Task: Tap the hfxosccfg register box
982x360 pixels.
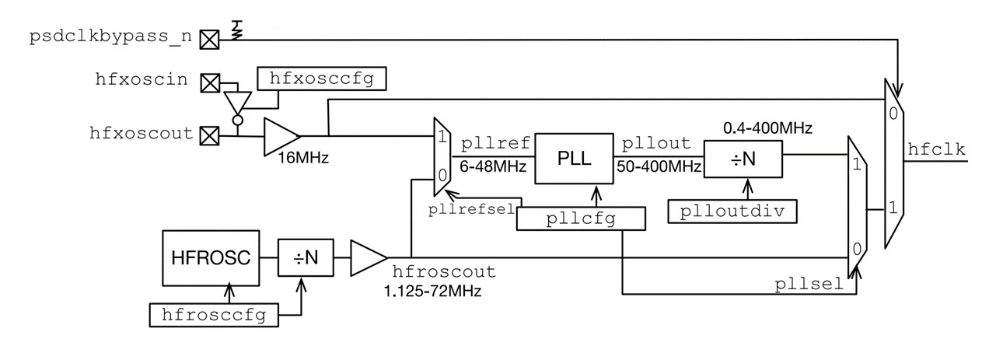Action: coord(322,79)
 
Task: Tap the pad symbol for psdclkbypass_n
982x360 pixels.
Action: coord(208,39)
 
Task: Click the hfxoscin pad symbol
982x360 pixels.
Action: coord(208,82)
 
